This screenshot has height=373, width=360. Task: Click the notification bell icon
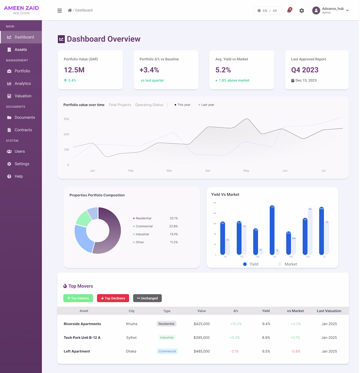pos(289,11)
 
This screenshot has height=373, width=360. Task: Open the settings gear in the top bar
pos(302,11)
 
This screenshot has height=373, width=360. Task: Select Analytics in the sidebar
pos(22,83)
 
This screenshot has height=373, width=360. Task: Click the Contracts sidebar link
pos(23,130)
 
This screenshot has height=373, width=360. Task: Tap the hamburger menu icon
pos(60,11)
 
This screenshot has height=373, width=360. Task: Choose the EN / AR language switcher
pos(267,11)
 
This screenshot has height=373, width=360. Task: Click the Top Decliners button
pos(113,298)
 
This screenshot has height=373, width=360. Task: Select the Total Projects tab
pos(120,105)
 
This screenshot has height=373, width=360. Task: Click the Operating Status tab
pos(149,105)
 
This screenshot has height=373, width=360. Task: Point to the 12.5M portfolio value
pos(74,70)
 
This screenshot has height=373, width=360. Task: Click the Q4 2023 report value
pos(305,70)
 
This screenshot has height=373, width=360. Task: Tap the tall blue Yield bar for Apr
pos(272,230)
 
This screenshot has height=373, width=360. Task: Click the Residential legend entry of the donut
pos(143,218)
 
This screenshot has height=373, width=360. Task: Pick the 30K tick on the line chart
pos(66,119)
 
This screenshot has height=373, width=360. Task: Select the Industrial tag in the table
pos(167,338)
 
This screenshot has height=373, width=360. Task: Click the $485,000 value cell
pos(202,351)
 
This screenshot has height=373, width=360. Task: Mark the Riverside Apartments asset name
pos(82,324)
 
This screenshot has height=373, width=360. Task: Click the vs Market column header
pos(295,311)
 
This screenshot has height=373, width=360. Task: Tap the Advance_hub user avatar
pos(316,11)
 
